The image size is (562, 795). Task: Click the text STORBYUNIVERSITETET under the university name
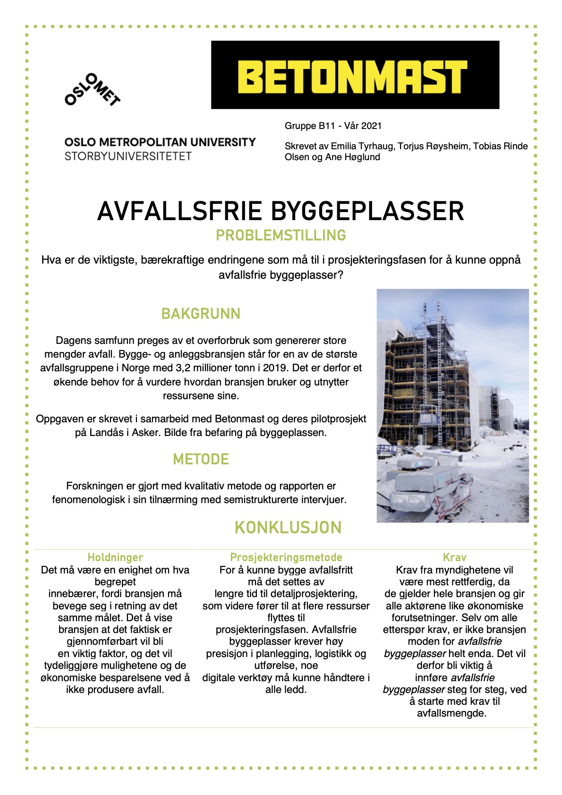point(128,156)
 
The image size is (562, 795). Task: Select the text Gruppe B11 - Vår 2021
point(333,126)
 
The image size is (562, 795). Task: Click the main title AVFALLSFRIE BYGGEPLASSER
point(281,211)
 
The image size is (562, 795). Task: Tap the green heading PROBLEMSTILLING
point(281,235)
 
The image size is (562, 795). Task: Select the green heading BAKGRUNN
point(201,314)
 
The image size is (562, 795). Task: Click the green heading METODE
point(201,459)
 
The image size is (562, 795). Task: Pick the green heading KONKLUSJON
point(288,528)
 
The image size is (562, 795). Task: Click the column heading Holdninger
point(115,557)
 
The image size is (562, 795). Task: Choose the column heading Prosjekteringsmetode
point(286,557)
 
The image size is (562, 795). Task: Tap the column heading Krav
point(454,557)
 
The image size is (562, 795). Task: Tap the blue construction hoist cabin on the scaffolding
point(429,417)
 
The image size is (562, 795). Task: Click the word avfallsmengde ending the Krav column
point(451,713)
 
